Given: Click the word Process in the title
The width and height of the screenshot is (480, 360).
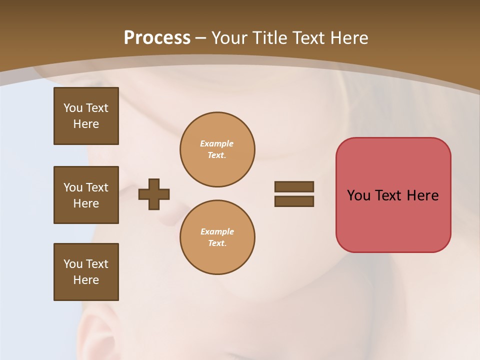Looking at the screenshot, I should [x=157, y=38].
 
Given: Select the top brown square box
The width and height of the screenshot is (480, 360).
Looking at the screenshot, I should [x=86, y=116].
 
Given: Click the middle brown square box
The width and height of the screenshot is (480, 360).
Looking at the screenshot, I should [x=86, y=195].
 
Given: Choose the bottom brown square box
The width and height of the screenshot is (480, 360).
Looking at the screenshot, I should [x=86, y=272].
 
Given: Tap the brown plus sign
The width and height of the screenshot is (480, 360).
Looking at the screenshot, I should [x=154, y=194].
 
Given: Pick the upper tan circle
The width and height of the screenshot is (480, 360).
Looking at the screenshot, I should [x=217, y=149].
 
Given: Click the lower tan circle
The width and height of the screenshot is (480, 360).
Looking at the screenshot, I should [x=217, y=237].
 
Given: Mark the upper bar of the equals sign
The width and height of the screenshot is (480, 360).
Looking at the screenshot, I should [x=294, y=186].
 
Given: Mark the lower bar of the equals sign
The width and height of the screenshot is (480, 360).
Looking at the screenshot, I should [x=294, y=201].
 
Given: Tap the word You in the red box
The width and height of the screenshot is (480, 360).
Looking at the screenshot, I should [x=359, y=195].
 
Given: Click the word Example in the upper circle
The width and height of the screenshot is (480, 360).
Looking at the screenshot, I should [x=217, y=143].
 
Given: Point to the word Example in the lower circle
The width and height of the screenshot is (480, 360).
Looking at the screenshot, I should [x=217, y=231].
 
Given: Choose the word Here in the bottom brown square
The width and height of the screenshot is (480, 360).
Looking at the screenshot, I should [x=86, y=280].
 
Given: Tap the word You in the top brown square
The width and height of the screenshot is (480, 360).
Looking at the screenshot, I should [x=72, y=108].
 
